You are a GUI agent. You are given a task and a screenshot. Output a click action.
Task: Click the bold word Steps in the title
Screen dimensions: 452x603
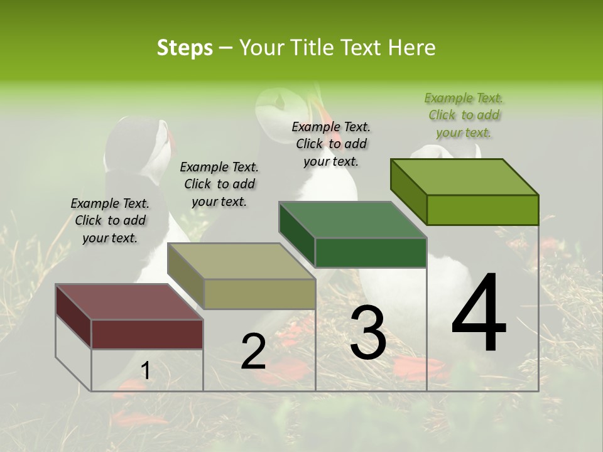185,48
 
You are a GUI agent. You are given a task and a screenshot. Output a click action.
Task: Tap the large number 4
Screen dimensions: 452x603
479,314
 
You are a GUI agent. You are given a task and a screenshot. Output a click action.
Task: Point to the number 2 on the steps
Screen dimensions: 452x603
253,352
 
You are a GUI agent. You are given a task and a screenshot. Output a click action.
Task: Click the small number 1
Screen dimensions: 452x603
145,371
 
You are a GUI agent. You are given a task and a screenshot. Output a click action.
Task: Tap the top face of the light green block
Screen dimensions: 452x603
465,177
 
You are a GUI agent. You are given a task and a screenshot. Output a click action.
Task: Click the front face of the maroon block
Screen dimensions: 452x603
148,334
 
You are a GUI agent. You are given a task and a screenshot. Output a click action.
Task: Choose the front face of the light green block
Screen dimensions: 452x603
482,210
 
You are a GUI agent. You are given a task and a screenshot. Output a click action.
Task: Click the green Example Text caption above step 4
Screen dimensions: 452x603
464,116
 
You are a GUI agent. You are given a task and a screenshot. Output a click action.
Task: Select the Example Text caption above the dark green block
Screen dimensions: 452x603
331,144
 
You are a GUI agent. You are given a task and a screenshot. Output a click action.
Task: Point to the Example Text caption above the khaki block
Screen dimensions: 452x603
219,185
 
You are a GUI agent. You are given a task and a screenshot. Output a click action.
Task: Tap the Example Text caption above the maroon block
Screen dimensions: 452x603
110,221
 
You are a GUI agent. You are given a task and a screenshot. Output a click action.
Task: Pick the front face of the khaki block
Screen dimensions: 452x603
259,294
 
